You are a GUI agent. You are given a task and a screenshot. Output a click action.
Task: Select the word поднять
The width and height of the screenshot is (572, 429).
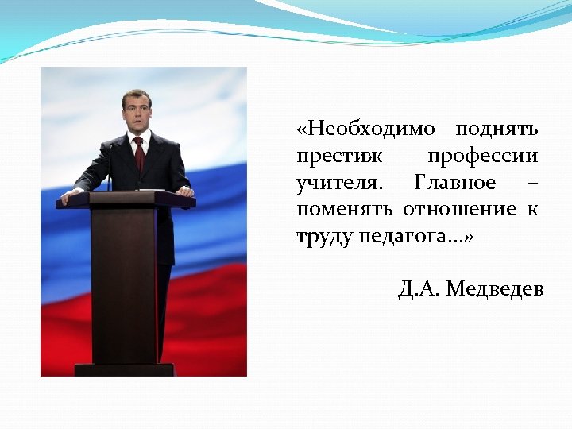point(497,129)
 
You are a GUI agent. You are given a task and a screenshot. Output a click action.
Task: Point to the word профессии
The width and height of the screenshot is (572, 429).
point(482,156)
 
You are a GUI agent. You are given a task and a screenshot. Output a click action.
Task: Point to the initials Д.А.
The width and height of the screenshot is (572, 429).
point(419,289)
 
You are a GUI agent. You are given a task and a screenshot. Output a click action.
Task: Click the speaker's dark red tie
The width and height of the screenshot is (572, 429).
point(140,154)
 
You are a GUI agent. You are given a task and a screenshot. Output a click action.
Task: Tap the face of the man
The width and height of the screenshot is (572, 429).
point(137,113)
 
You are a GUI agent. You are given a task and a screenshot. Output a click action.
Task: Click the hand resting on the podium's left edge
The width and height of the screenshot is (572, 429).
point(72,193)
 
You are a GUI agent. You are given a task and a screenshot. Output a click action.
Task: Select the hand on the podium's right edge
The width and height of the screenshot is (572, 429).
point(184,191)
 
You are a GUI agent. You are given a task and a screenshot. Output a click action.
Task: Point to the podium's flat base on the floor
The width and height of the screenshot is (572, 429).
point(125,369)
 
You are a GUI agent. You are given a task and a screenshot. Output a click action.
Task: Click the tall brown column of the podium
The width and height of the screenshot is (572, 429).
point(123,286)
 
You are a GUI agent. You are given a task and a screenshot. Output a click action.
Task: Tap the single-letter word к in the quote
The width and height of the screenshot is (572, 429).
point(532,210)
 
